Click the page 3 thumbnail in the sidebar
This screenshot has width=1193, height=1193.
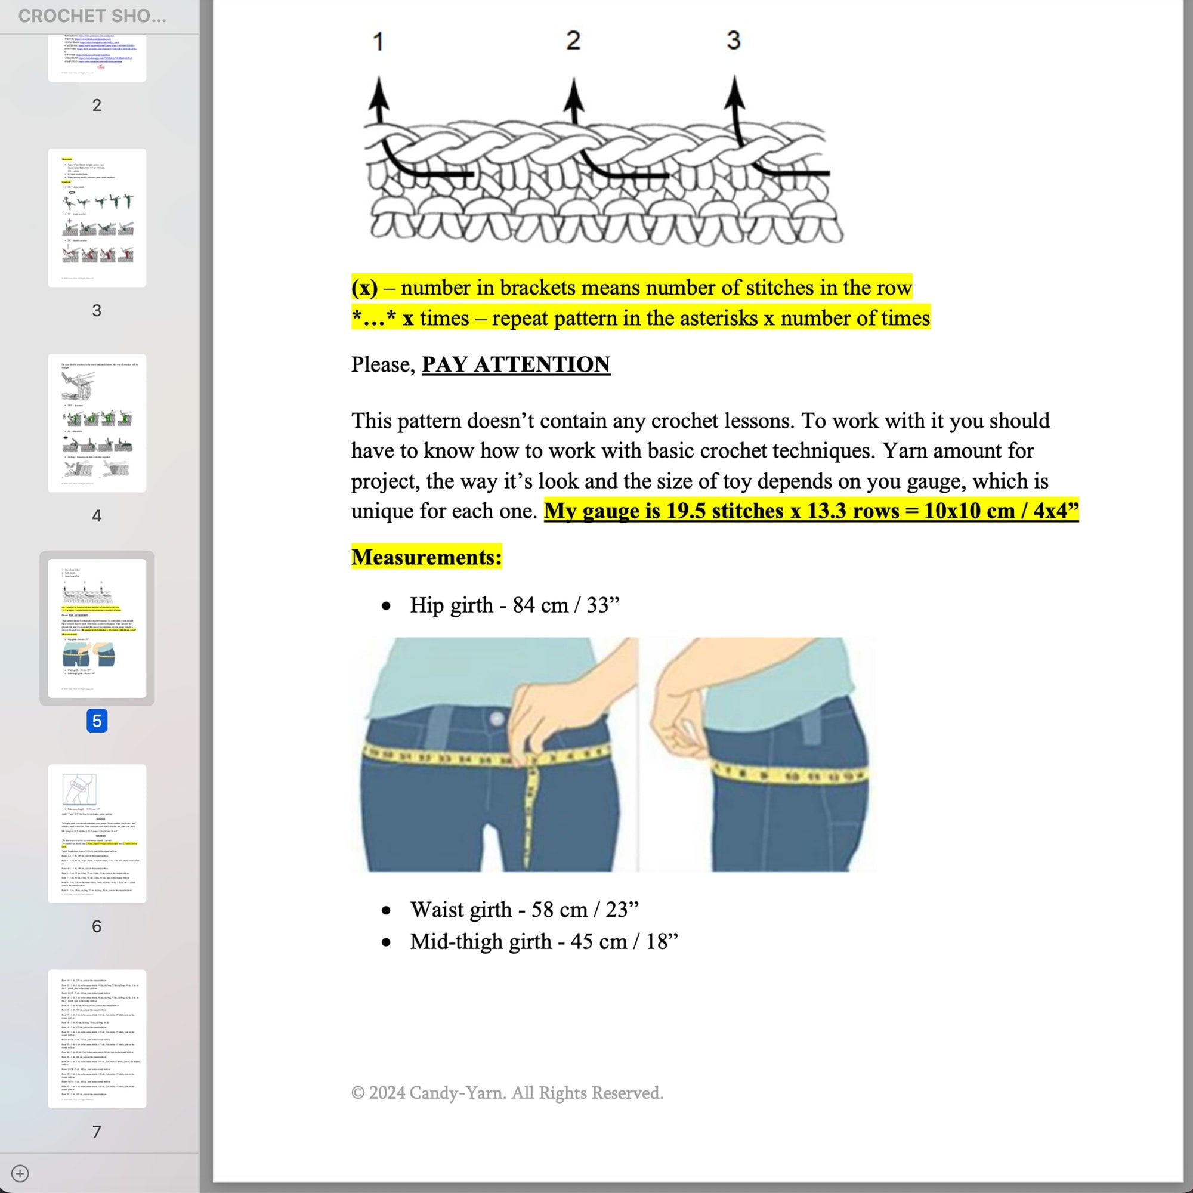click(97, 217)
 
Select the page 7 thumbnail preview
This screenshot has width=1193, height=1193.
click(97, 1039)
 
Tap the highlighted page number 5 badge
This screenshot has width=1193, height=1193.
click(97, 721)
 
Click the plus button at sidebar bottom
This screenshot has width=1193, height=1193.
click(20, 1173)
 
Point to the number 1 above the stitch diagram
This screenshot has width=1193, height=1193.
click(379, 42)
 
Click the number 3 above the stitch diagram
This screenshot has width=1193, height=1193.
click(733, 41)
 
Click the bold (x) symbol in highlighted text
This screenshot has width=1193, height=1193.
click(364, 288)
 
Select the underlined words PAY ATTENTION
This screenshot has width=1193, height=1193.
click(515, 364)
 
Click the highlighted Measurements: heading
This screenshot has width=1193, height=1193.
click(426, 557)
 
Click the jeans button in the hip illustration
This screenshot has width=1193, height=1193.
click(497, 718)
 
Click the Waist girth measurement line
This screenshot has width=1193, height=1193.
click(524, 910)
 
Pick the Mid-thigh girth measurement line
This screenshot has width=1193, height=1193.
click(543, 942)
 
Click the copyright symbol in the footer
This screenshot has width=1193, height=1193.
click(357, 1093)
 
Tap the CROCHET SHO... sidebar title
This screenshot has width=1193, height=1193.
click(92, 16)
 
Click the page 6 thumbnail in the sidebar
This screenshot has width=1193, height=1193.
click(97, 834)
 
